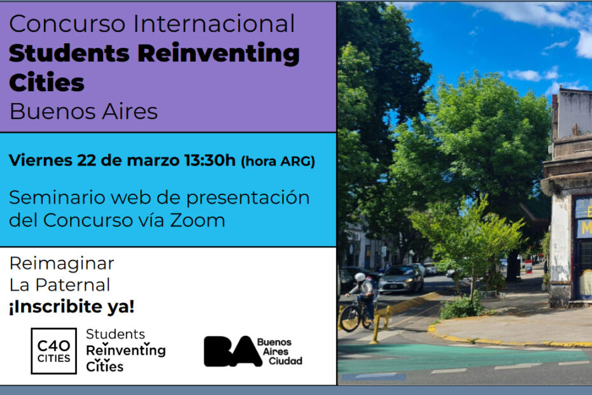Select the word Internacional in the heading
click(x=214, y=24)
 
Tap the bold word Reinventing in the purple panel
click(x=218, y=54)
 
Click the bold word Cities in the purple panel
click(x=46, y=82)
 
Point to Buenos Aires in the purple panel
click(x=83, y=111)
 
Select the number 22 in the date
click(x=87, y=161)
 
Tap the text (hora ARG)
click(x=278, y=161)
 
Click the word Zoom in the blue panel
click(x=197, y=220)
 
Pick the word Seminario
click(x=57, y=197)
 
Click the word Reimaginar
click(x=62, y=264)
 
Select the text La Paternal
click(x=60, y=285)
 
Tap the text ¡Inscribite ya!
click(x=72, y=306)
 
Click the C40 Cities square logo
click(x=53, y=351)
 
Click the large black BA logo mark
click(x=233, y=352)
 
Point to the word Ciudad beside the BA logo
click(x=285, y=361)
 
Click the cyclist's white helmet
click(x=360, y=277)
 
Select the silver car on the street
click(x=401, y=278)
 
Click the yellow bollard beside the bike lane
click(x=376, y=328)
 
